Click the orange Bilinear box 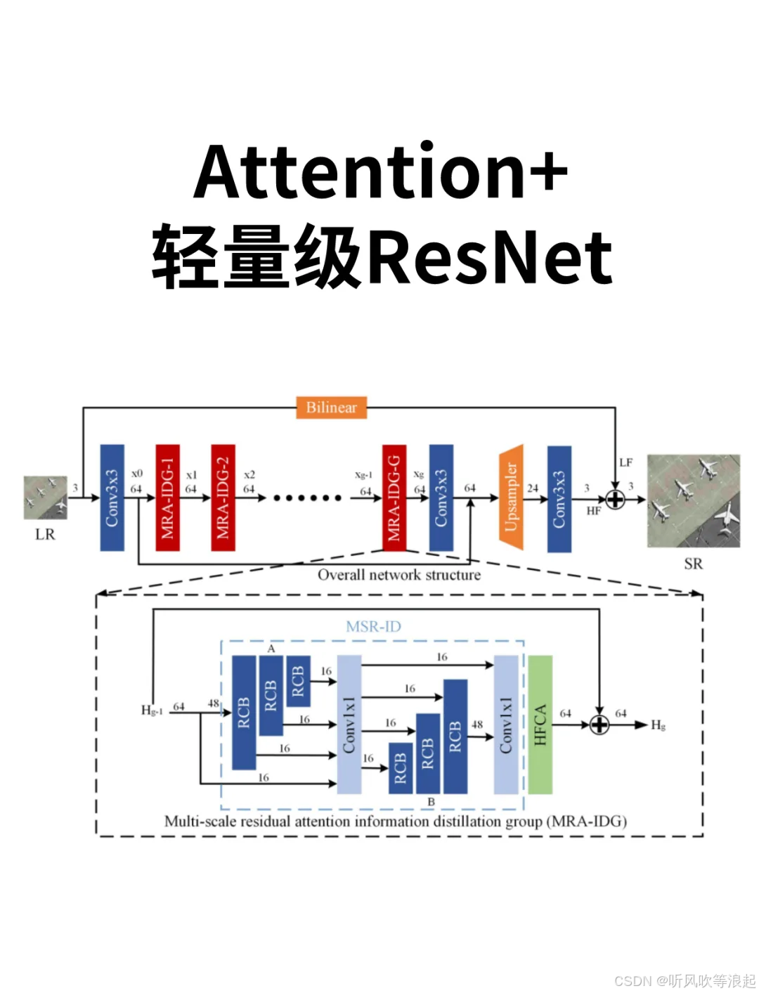[x=331, y=408]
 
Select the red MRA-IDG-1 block [x=167, y=498]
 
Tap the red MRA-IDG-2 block [x=223, y=498]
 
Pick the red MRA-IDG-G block [x=394, y=498]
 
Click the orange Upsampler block [x=511, y=497]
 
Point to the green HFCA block [x=540, y=725]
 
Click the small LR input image [x=45, y=498]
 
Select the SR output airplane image [x=693, y=500]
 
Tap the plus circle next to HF [x=615, y=500]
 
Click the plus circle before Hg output [x=599, y=725]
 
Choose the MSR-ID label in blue [x=373, y=626]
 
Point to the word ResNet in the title [x=490, y=258]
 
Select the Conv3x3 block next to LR [x=112, y=498]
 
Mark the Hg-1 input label [x=152, y=710]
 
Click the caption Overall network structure [x=399, y=575]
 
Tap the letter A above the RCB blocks [x=271, y=649]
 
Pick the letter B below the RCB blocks [x=431, y=802]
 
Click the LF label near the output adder [x=625, y=462]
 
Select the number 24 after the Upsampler [x=533, y=488]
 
